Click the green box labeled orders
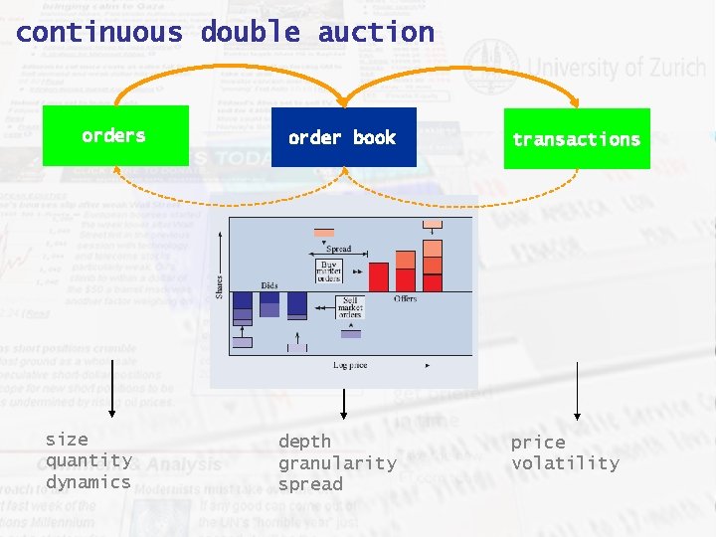114,135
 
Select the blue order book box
343,137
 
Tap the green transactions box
577,139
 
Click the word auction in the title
376,32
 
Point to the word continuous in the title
99,32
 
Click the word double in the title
251,32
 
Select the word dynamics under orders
89,482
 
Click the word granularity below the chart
337,463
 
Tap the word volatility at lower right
565,463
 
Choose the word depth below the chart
304,442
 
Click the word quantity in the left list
89,460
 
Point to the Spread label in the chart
338,250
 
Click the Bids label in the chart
269,285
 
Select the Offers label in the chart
405,298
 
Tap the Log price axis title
350,366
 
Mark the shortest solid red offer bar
379,276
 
